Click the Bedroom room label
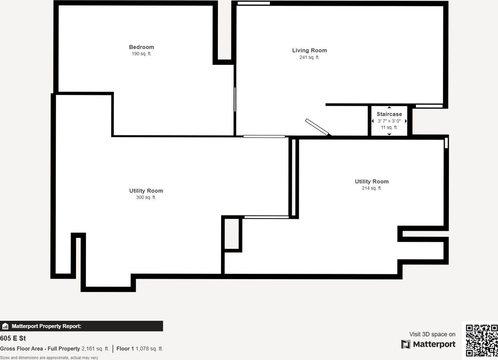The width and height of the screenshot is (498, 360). (142, 47)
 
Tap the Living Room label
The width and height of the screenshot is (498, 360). (309, 50)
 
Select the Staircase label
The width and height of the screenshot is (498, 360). (389, 114)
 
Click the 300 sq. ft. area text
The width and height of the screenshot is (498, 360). (146, 197)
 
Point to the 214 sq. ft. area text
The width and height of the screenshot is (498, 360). (372, 188)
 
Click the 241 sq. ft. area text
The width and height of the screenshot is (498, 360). (309, 57)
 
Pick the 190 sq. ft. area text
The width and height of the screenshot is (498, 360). (142, 54)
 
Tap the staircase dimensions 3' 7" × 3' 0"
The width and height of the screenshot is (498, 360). (389, 121)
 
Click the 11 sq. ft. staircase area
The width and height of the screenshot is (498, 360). (389, 128)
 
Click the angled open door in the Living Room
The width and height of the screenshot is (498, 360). (317, 127)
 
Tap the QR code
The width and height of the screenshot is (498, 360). (481, 340)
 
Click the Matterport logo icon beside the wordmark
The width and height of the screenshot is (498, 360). (406, 344)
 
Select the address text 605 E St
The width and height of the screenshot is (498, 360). (13, 339)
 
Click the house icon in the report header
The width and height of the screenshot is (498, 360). (5, 326)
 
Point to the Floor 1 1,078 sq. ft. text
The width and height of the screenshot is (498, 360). (139, 349)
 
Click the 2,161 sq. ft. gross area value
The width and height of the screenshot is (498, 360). (95, 349)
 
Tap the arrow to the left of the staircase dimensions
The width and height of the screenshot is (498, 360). (373, 121)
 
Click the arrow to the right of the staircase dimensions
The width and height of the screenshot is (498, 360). (406, 121)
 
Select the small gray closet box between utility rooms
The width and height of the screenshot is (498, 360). (231, 234)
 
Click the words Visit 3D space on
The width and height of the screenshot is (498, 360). (432, 334)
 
